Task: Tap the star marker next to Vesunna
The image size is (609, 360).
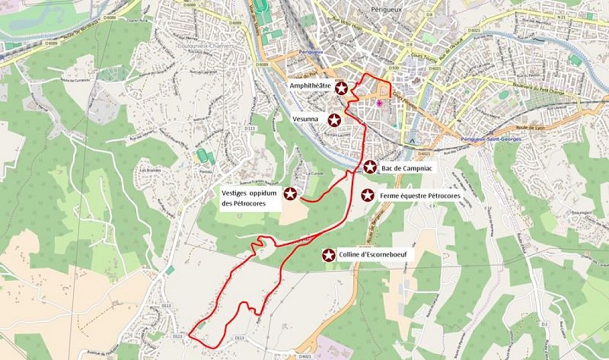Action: (x=333, y=119)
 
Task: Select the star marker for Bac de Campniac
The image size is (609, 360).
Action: (x=370, y=167)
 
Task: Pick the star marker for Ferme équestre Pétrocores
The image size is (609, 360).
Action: (x=368, y=196)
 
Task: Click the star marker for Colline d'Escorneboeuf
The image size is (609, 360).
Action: (x=329, y=255)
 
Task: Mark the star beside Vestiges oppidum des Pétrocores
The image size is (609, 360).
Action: (x=290, y=193)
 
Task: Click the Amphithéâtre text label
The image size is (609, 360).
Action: (x=310, y=87)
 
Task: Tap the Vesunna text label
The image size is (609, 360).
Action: (x=308, y=119)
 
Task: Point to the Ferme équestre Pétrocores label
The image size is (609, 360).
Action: (x=421, y=196)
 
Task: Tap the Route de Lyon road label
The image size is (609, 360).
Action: (x=530, y=129)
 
